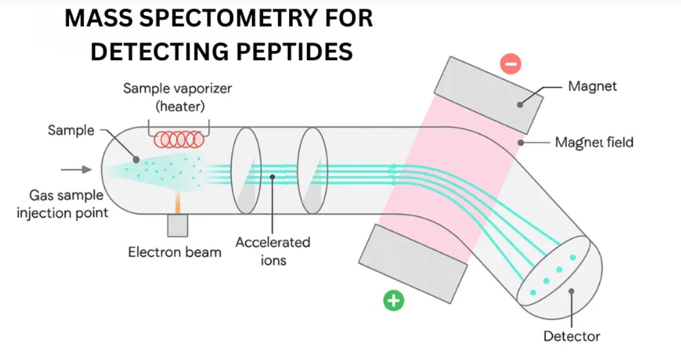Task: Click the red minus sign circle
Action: click(511, 64)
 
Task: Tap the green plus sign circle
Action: click(394, 300)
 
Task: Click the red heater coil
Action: click(179, 140)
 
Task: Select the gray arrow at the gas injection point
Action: click(76, 170)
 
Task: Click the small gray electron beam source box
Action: click(178, 225)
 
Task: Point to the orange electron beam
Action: click(178, 202)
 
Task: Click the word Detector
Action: click(571, 336)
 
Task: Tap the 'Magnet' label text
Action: click(592, 86)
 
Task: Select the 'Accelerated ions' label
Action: click(273, 252)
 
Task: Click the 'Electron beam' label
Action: click(175, 252)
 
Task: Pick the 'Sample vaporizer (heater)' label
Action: click(178, 97)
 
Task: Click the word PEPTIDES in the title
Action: click(294, 51)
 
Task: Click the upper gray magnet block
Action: click(489, 95)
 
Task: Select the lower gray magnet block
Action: click(413, 264)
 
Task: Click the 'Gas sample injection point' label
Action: click(62, 204)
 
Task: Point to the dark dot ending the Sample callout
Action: click(136, 160)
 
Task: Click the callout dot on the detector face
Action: click(571, 291)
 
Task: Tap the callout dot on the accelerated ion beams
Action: click(273, 177)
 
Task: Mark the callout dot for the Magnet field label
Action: click(521, 143)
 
